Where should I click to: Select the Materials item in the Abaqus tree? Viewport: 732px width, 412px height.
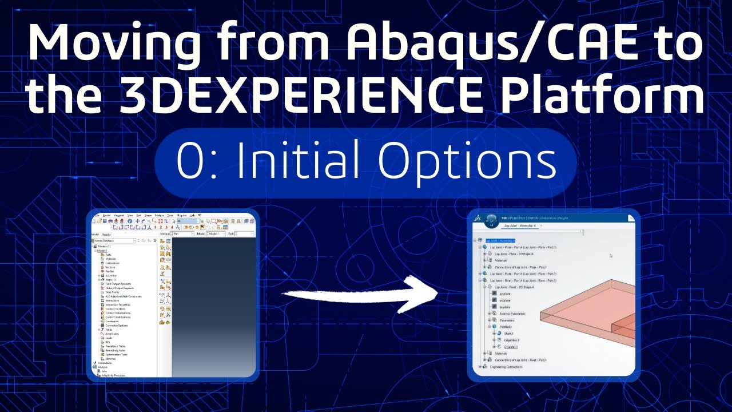(x=111, y=259)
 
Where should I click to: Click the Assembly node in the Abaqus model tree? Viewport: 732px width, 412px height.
(x=111, y=275)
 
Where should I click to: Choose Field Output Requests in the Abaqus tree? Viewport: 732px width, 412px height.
(x=118, y=284)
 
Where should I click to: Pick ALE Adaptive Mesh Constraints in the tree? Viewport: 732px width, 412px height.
(x=123, y=296)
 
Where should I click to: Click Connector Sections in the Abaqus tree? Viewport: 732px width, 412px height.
(x=117, y=325)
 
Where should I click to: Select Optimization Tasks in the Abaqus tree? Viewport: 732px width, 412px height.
(x=116, y=355)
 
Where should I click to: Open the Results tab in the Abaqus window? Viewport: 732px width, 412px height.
(x=106, y=234)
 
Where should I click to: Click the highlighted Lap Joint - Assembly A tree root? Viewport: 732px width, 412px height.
(x=500, y=240)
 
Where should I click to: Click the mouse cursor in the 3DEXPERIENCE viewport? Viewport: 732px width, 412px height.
(x=611, y=256)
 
